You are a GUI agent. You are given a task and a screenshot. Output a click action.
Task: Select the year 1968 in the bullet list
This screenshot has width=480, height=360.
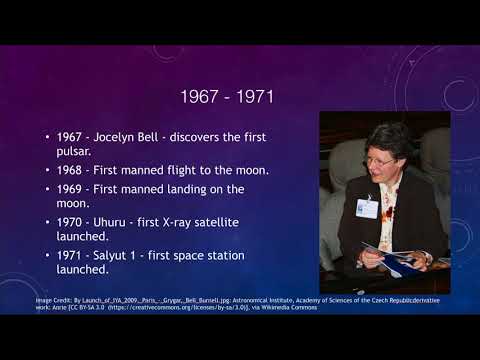point(73,170)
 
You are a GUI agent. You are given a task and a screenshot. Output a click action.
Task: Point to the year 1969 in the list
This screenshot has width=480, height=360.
point(73,189)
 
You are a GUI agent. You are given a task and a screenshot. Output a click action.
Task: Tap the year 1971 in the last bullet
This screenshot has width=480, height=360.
point(73,255)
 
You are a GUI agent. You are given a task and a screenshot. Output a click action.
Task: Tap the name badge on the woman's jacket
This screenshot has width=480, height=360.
point(368,207)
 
